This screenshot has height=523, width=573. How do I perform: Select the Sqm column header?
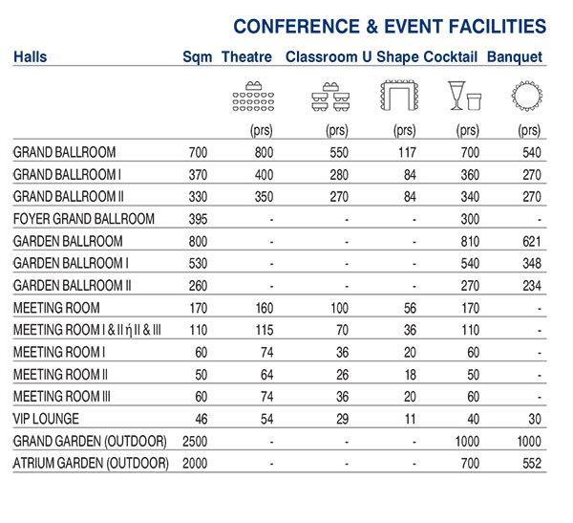coord(198,57)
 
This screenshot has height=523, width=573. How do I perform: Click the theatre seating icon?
coord(253,96)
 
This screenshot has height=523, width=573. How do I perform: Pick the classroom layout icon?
coord(327,96)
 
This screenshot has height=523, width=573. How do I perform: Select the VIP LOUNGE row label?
coord(46,419)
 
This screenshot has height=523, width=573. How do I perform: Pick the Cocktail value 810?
coord(467,241)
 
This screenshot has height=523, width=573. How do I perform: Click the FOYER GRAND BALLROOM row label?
coord(84,219)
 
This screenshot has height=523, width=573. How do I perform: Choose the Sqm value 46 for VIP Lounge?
coord(199,419)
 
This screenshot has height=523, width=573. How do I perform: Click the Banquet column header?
coord(515,57)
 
